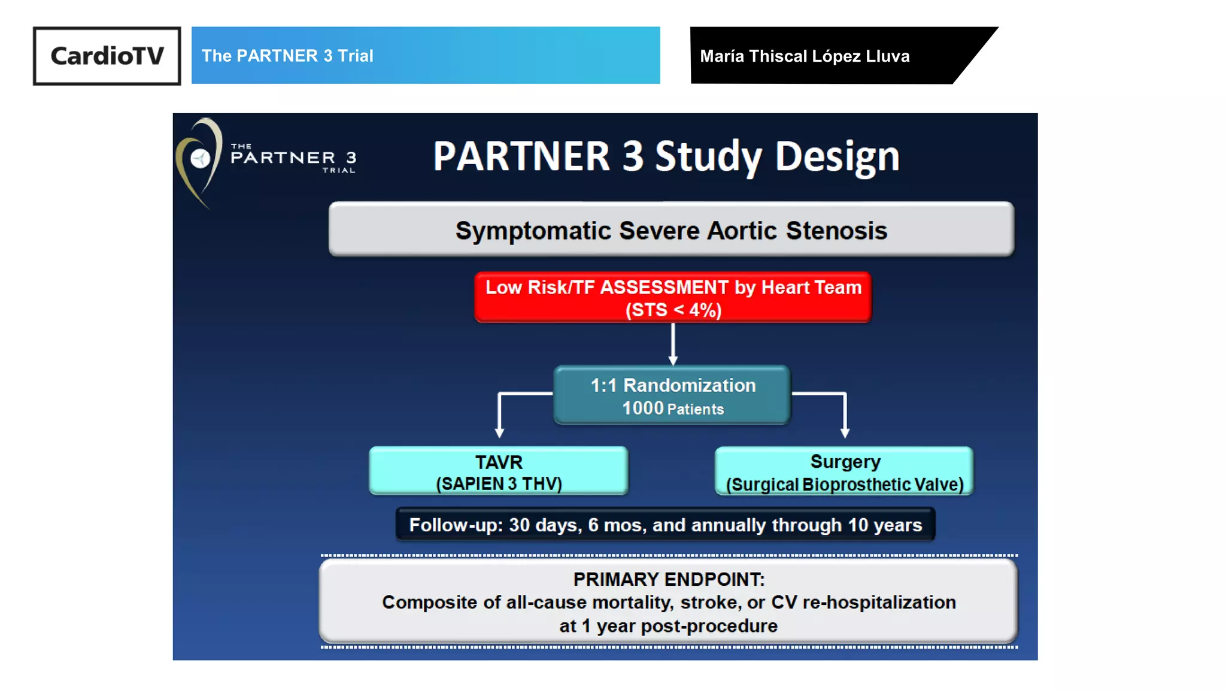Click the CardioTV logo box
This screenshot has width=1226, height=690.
point(107,56)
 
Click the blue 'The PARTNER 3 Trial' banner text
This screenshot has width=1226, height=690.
point(287,56)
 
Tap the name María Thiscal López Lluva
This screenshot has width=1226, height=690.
point(805,56)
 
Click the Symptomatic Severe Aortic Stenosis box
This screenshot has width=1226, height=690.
point(671,230)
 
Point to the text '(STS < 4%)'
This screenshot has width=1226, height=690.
point(673,310)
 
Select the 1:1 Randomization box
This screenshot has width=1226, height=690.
point(672,395)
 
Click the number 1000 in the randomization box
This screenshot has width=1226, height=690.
point(643,408)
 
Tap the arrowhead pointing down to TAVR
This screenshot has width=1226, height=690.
point(499,432)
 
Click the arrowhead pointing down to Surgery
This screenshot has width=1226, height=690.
point(845,432)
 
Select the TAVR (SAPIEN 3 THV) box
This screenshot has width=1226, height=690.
point(499,471)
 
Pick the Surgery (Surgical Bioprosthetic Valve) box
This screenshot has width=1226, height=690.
point(844,471)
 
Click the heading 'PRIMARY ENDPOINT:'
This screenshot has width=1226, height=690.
point(669,579)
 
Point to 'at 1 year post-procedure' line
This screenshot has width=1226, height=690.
point(668,626)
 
